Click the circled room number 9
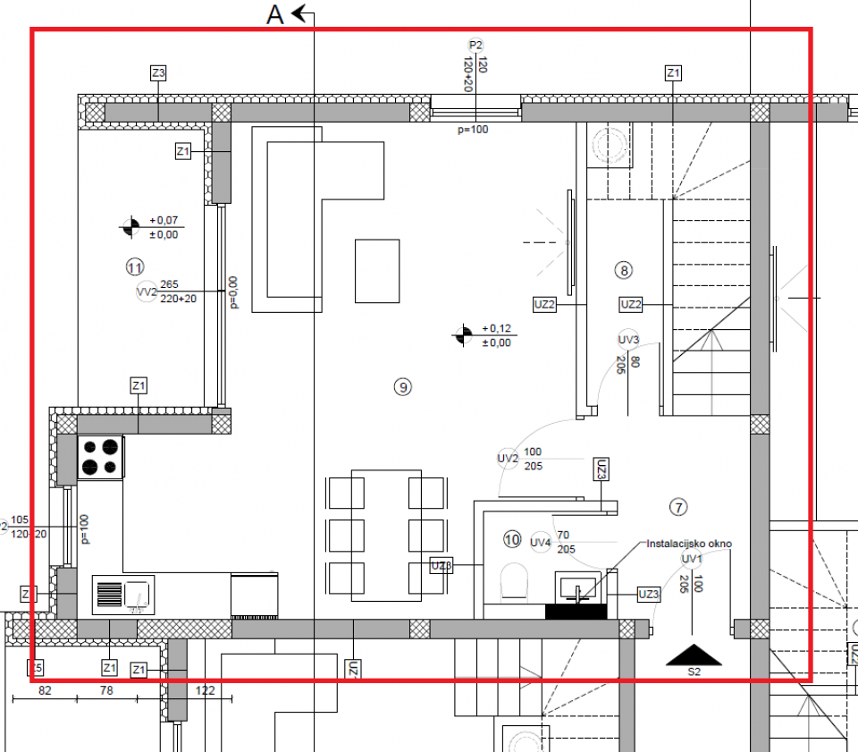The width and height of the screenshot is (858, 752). click(403, 386)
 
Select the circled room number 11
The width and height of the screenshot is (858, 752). click(135, 266)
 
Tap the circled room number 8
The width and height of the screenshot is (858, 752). click(624, 269)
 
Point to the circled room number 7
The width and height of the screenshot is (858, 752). click(678, 508)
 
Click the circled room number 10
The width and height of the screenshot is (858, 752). click(512, 539)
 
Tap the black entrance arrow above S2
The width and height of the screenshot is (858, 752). click(694, 655)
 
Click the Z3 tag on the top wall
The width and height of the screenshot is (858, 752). click(158, 73)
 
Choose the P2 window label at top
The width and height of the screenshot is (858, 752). click(475, 46)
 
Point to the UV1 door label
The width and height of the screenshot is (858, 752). click(691, 560)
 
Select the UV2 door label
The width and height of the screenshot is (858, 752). click(508, 458)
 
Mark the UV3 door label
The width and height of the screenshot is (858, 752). click(628, 340)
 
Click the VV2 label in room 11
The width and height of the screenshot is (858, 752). click(146, 292)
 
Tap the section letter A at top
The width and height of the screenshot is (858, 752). click(275, 15)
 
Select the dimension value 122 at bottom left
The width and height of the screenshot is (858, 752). click(205, 690)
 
